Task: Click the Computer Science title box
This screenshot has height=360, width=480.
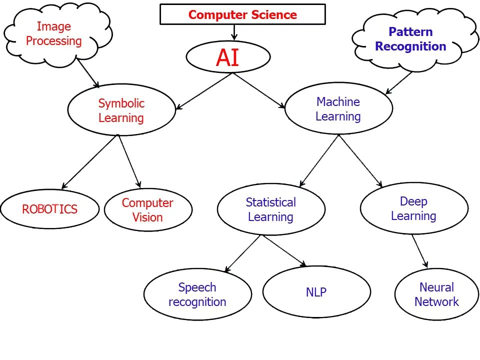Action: pyautogui.click(x=242, y=14)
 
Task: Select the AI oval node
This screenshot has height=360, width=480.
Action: pyautogui.click(x=228, y=57)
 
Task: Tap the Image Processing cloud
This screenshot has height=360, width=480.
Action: pyautogui.click(x=54, y=33)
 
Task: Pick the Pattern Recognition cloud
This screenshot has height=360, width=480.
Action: pyautogui.click(x=410, y=39)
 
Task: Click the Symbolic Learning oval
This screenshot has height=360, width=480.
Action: pyautogui.click(x=121, y=110)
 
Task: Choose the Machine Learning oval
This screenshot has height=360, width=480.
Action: pyautogui.click(x=338, y=109)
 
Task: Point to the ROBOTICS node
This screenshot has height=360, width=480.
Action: pyautogui.click(x=49, y=209)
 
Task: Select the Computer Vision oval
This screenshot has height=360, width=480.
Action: pyautogui.click(x=147, y=210)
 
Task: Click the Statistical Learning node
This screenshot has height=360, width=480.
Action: pyautogui.click(x=271, y=209)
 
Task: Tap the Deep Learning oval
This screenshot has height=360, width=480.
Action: pyautogui.click(x=413, y=208)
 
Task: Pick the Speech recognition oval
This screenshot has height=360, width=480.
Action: pyautogui.click(x=197, y=294)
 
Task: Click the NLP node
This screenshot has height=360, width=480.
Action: pyautogui.click(x=316, y=292)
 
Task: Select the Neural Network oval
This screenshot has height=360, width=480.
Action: pyautogui.click(x=436, y=294)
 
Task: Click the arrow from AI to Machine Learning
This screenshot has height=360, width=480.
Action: pyautogui.click(x=258, y=90)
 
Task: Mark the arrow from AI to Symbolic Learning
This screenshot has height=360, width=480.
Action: pyautogui.click(x=204, y=90)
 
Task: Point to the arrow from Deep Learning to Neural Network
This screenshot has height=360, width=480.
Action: pyautogui.click(x=420, y=251)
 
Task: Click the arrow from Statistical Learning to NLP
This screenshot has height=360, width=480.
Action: pyautogui.click(x=284, y=250)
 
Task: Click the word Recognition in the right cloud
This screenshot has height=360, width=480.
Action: pyautogui.click(x=410, y=46)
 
